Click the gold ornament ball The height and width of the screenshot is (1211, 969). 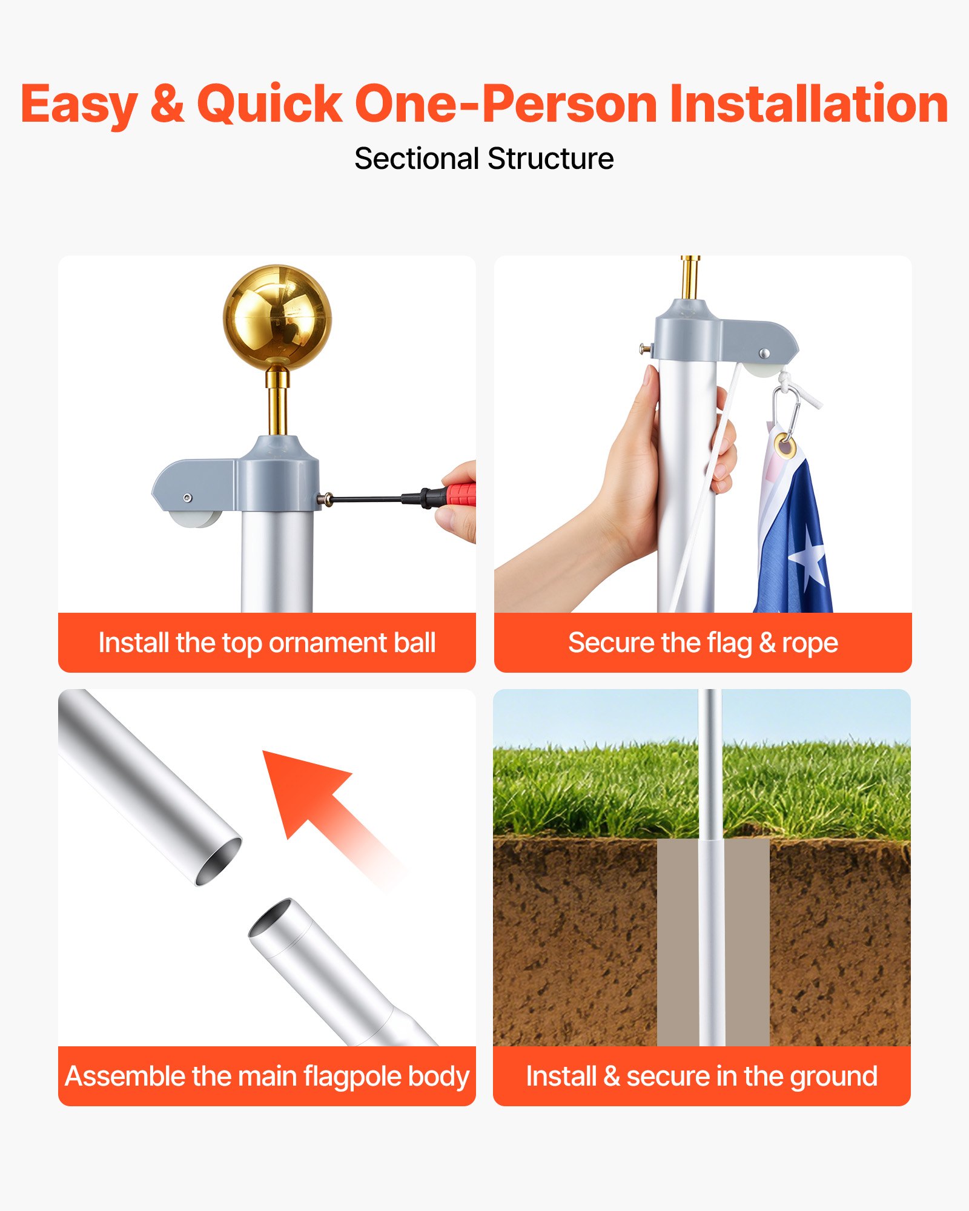(277, 317)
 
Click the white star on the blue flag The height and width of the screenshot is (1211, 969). (809, 558)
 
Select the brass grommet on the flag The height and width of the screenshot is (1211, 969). (785, 446)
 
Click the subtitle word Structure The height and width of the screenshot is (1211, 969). (551, 159)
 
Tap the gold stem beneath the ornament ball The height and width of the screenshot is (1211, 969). (277, 401)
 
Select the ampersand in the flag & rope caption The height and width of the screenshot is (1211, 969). (767, 643)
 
